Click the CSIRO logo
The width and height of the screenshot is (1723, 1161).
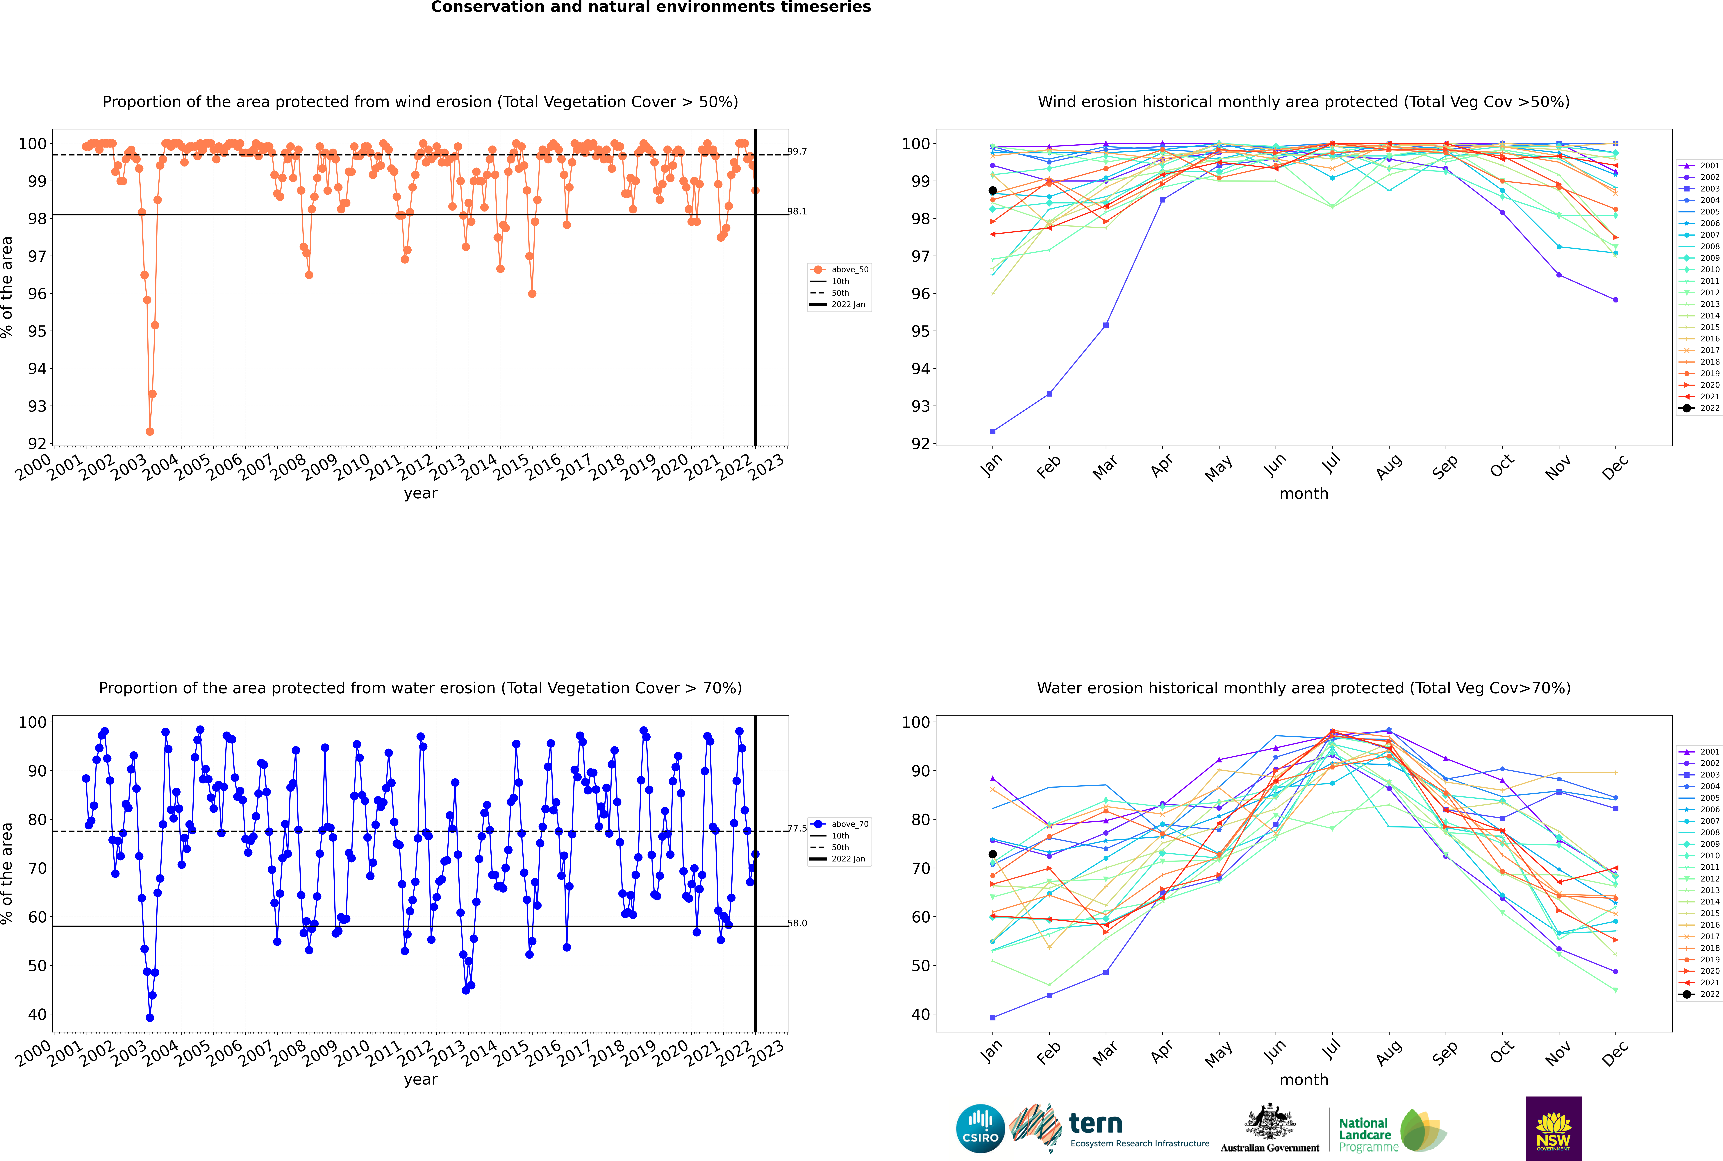click(x=980, y=1128)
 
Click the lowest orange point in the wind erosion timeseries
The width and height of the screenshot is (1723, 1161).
click(x=150, y=431)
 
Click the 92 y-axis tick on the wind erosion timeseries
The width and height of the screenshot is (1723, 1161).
click(x=37, y=444)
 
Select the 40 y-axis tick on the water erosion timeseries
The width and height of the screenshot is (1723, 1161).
click(x=37, y=1014)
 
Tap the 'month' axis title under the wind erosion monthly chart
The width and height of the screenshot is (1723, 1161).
click(x=1304, y=494)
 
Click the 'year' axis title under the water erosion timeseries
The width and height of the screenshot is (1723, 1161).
click(x=421, y=1080)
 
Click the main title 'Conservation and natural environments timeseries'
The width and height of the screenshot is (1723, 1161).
click(x=651, y=7)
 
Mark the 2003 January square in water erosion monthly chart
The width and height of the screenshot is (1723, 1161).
click(x=993, y=1017)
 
